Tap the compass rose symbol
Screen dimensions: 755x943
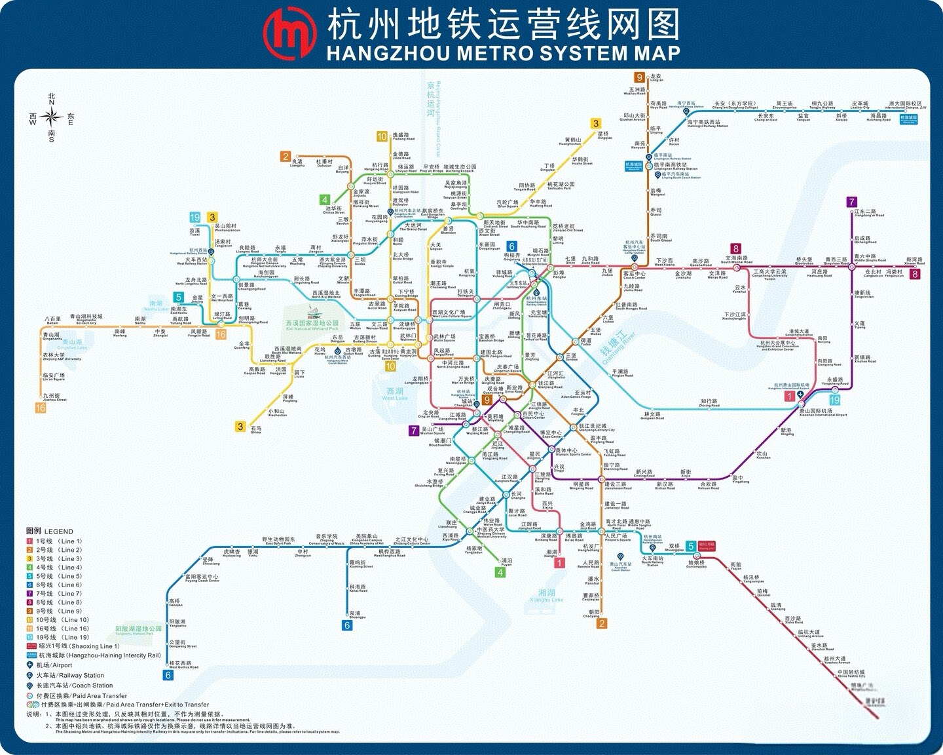pyautogui.click(x=51, y=117)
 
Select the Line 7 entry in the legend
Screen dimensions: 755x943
pyautogui.click(x=55, y=594)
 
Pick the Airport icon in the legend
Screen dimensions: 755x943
pyautogui.click(x=30, y=665)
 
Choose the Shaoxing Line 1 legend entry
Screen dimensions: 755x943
pyautogui.click(x=79, y=646)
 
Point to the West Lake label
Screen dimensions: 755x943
pyautogui.click(x=395, y=393)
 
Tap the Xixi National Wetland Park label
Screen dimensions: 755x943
pyautogui.click(x=312, y=324)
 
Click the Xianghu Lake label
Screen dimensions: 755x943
pyautogui.click(x=546, y=595)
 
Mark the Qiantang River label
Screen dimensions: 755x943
pyautogui.click(x=618, y=347)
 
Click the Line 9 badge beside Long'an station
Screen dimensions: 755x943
pyautogui.click(x=639, y=77)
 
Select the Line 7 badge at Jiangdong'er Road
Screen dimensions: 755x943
pyautogui.click(x=851, y=202)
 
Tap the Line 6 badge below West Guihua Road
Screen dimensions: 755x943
pyautogui.click(x=168, y=675)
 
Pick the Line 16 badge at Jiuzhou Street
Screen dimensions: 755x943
pyautogui.click(x=41, y=408)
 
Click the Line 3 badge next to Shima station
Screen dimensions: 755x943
pyautogui.click(x=240, y=427)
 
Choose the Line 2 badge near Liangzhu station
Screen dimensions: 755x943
pyautogui.click(x=286, y=156)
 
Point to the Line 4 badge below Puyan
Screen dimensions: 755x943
pyautogui.click(x=500, y=572)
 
